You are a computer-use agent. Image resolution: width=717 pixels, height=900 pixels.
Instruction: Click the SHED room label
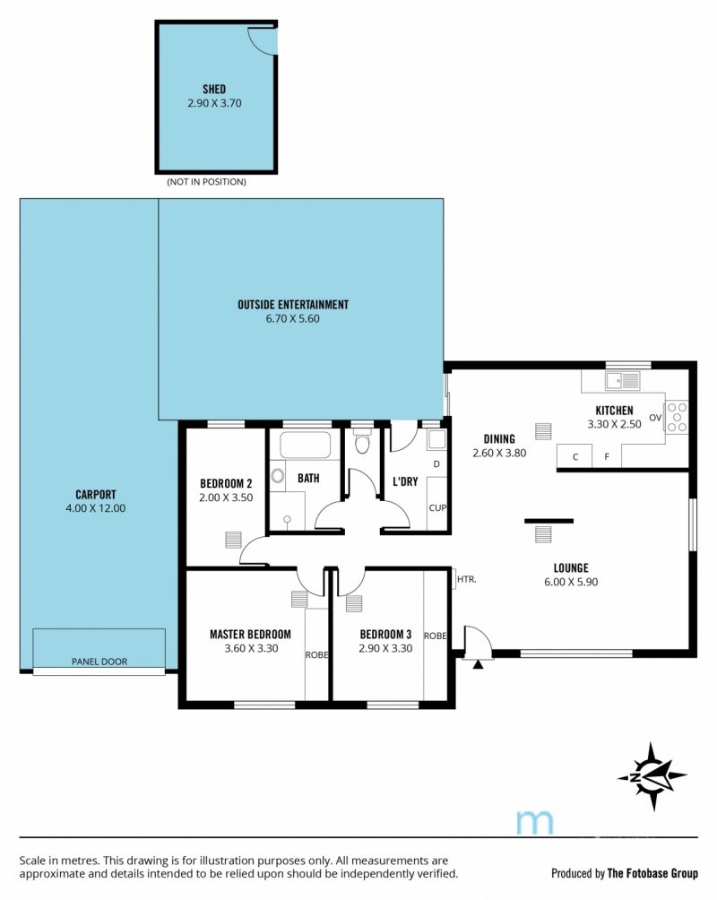(x=214, y=89)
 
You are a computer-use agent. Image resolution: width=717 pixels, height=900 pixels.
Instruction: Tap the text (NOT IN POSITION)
(x=207, y=182)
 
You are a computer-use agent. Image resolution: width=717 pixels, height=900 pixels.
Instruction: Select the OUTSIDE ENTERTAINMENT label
(x=293, y=305)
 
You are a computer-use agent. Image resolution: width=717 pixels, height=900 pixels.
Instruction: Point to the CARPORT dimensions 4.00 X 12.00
(x=95, y=508)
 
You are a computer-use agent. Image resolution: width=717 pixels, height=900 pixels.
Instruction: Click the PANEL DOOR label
(x=99, y=662)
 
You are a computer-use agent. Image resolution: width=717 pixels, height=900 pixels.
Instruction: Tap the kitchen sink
(x=622, y=381)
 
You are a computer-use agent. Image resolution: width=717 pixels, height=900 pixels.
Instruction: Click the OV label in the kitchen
(x=655, y=418)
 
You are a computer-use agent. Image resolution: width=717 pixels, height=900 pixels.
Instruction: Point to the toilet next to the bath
(x=362, y=443)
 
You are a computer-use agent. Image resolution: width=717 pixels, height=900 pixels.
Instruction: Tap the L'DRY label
(x=405, y=481)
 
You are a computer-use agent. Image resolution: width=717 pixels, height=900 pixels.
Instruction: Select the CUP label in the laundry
(x=437, y=508)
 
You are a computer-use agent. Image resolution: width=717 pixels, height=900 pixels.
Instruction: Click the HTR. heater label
(x=467, y=580)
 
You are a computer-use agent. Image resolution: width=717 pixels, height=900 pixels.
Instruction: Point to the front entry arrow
(x=478, y=664)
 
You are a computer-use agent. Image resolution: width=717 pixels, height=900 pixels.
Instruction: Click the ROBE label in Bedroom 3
(x=436, y=636)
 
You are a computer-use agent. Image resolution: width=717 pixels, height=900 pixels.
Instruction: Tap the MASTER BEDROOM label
(x=250, y=635)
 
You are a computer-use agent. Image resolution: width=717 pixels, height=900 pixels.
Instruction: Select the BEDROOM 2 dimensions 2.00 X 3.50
(x=226, y=498)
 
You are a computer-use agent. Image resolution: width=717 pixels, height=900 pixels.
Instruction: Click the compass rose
(x=652, y=776)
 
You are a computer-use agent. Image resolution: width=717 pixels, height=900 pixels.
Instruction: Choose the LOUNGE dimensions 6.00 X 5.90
(x=571, y=582)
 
